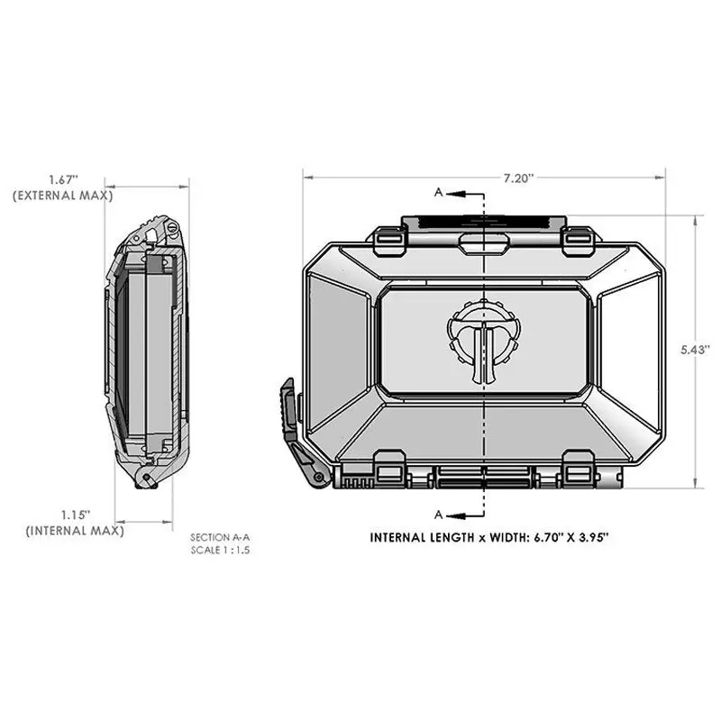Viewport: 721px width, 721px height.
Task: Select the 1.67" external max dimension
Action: click(64, 179)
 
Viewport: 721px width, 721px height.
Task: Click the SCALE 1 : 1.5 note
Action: click(218, 549)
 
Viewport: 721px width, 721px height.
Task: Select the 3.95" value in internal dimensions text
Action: click(592, 538)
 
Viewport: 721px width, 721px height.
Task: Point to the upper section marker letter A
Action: click(439, 193)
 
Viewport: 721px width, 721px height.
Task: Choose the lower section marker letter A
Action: click(439, 515)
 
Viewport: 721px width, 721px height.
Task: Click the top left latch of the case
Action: click(386, 238)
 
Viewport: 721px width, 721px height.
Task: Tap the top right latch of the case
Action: click(578, 238)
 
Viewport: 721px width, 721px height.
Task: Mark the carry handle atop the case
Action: click(484, 223)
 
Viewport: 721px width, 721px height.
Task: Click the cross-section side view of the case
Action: click(147, 351)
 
